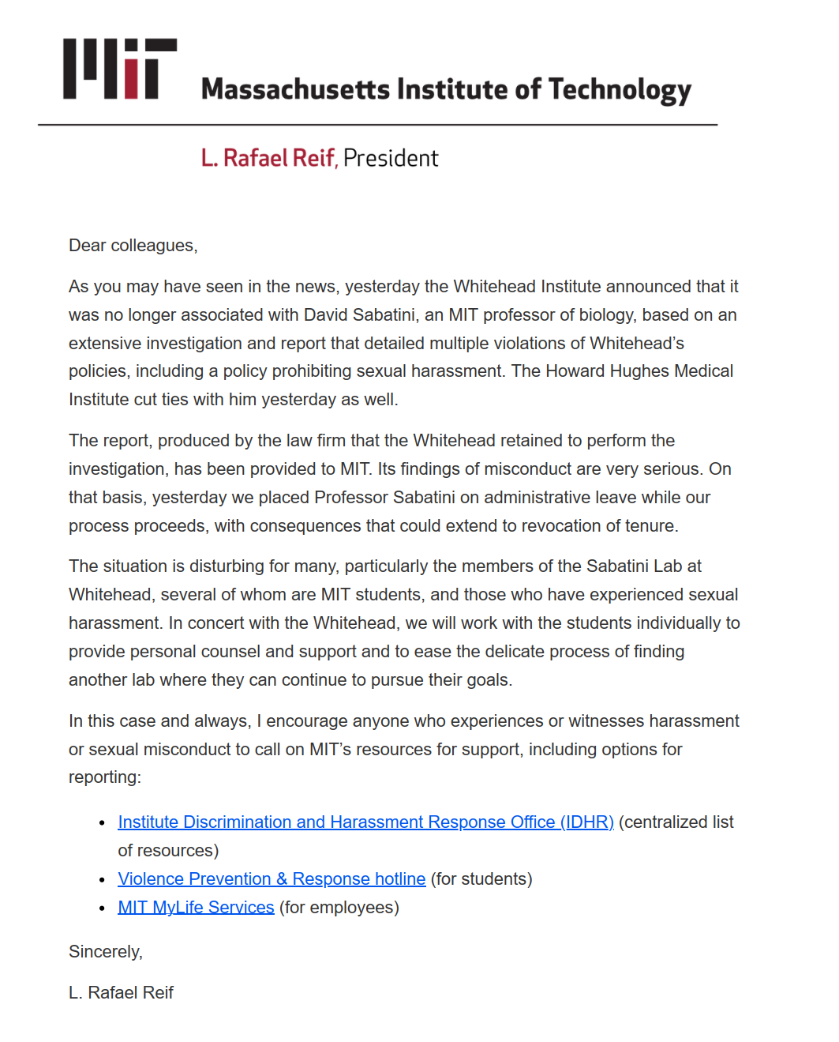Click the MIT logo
pos(120,69)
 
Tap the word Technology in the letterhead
pos(620,90)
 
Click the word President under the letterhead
pos(391,158)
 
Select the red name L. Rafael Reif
pos(268,158)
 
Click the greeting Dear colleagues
pos(133,246)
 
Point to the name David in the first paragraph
pos(326,315)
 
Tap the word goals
pos(487,680)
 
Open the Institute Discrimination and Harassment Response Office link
pos(365,822)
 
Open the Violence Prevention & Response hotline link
pos(272,879)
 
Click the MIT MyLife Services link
pos(196,908)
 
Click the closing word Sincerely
pos(105,952)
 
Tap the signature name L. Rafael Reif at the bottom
pos(121,993)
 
